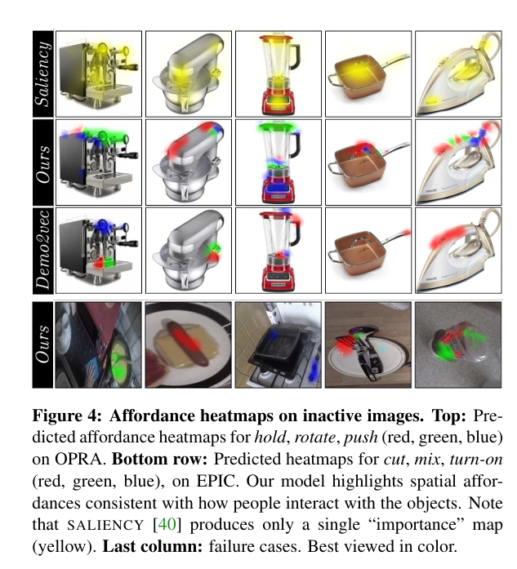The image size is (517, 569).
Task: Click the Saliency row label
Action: pyautogui.click(x=42, y=74)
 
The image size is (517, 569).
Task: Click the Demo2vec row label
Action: pyautogui.click(x=42, y=251)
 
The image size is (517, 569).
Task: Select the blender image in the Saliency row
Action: pyautogui.click(x=279, y=74)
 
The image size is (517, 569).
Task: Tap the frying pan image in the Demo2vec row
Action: pyautogui.click(x=368, y=251)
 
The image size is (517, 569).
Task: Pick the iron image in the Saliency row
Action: pyautogui.click(x=458, y=74)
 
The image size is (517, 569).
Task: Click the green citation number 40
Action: pyautogui.click(x=167, y=524)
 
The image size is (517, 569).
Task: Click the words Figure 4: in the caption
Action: pyautogui.click(x=67, y=416)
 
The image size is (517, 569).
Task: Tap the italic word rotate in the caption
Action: pyautogui.click(x=314, y=438)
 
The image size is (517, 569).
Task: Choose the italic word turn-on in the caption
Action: pyautogui.click(x=476, y=459)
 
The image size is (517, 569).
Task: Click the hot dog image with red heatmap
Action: pyautogui.click(x=189, y=345)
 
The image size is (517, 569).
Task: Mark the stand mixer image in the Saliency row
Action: pyautogui.click(x=189, y=74)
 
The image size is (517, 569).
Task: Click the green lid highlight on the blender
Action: pyautogui.click(x=278, y=127)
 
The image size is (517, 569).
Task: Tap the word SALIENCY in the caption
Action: pyautogui.click(x=106, y=525)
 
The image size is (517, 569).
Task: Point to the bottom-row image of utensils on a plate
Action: pyautogui.click(x=368, y=345)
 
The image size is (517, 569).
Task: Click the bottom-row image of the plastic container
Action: pyautogui.click(x=458, y=345)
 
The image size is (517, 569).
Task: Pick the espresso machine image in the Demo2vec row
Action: pyautogui.click(x=98, y=251)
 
